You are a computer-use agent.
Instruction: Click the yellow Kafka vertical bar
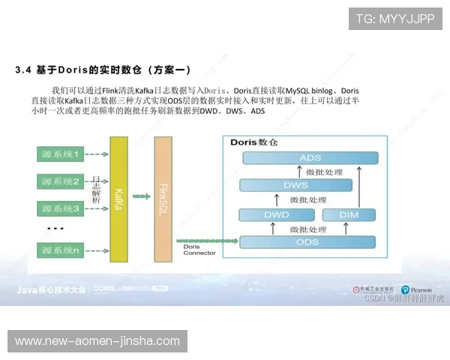118,199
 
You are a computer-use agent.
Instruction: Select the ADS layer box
310,158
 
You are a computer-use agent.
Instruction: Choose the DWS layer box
295,185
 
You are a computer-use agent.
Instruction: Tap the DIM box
349,215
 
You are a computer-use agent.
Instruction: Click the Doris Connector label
199,249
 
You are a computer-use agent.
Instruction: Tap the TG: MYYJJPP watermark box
395,19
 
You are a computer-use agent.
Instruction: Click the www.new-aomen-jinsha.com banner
98,341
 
